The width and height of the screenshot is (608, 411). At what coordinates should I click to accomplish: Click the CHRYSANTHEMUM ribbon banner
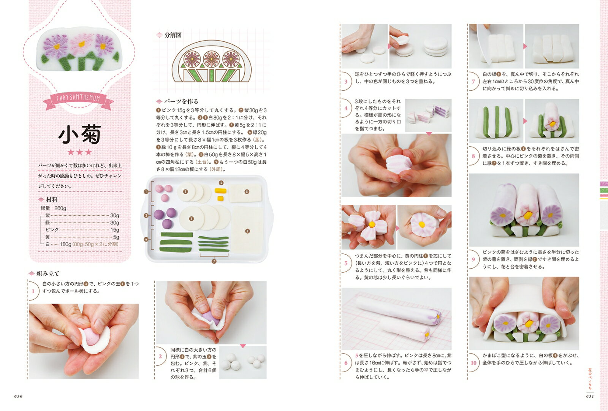point(78,99)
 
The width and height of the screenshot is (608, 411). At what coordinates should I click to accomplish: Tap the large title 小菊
point(80,134)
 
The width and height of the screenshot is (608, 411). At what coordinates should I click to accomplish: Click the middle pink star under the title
point(79,152)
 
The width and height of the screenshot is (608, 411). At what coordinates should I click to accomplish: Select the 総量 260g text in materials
point(54,208)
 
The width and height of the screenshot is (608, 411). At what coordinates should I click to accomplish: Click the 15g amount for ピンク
point(114,230)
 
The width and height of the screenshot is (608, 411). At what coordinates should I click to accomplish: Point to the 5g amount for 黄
point(116,237)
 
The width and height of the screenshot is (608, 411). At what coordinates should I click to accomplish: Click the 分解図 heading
point(173,35)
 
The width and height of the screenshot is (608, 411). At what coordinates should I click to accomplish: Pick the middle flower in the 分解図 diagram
point(211,59)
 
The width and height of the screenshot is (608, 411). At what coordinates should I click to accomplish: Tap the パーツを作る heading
point(181,101)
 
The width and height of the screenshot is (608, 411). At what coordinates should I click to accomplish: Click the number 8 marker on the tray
point(247,191)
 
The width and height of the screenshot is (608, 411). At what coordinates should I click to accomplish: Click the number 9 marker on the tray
point(247,231)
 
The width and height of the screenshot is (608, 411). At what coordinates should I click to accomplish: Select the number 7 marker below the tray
point(214,261)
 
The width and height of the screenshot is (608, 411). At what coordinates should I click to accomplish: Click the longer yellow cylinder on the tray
point(220,191)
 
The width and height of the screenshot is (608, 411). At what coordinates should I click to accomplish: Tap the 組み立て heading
point(48,274)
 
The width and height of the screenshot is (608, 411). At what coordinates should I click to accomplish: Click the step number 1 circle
point(33,291)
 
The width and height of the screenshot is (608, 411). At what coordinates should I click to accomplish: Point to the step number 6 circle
point(346,363)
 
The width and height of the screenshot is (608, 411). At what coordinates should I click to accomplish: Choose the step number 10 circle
point(473,363)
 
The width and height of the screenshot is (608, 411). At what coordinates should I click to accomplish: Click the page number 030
point(18,396)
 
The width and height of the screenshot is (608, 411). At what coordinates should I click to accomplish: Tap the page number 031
point(590,396)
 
